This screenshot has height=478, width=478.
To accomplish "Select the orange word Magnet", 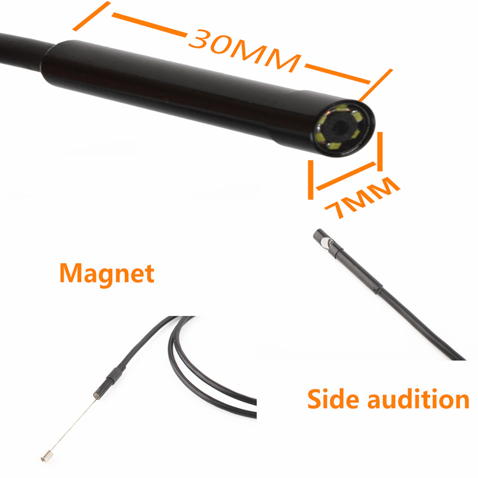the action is [x=106, y=273].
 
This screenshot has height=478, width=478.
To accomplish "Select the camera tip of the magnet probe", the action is [x=96, y=394].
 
